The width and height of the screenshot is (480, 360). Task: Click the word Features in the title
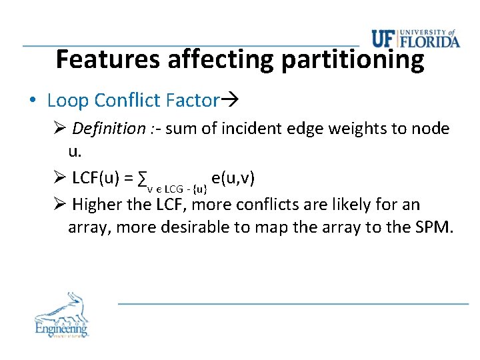109,59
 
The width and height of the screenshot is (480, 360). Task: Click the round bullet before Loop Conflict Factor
33,101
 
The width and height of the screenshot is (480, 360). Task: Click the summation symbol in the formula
141,179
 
